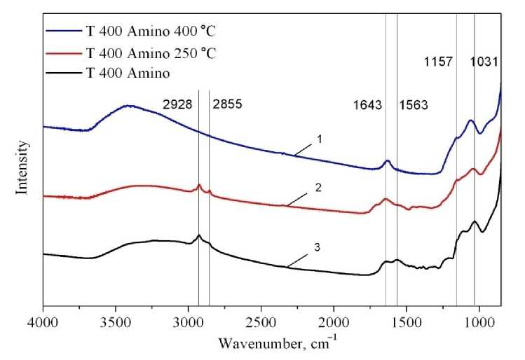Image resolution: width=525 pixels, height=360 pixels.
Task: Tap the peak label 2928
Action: tap(178, 106)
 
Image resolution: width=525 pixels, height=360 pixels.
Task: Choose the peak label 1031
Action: tap(484, 62)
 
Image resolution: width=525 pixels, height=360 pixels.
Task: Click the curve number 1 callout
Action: tap(318, 139)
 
